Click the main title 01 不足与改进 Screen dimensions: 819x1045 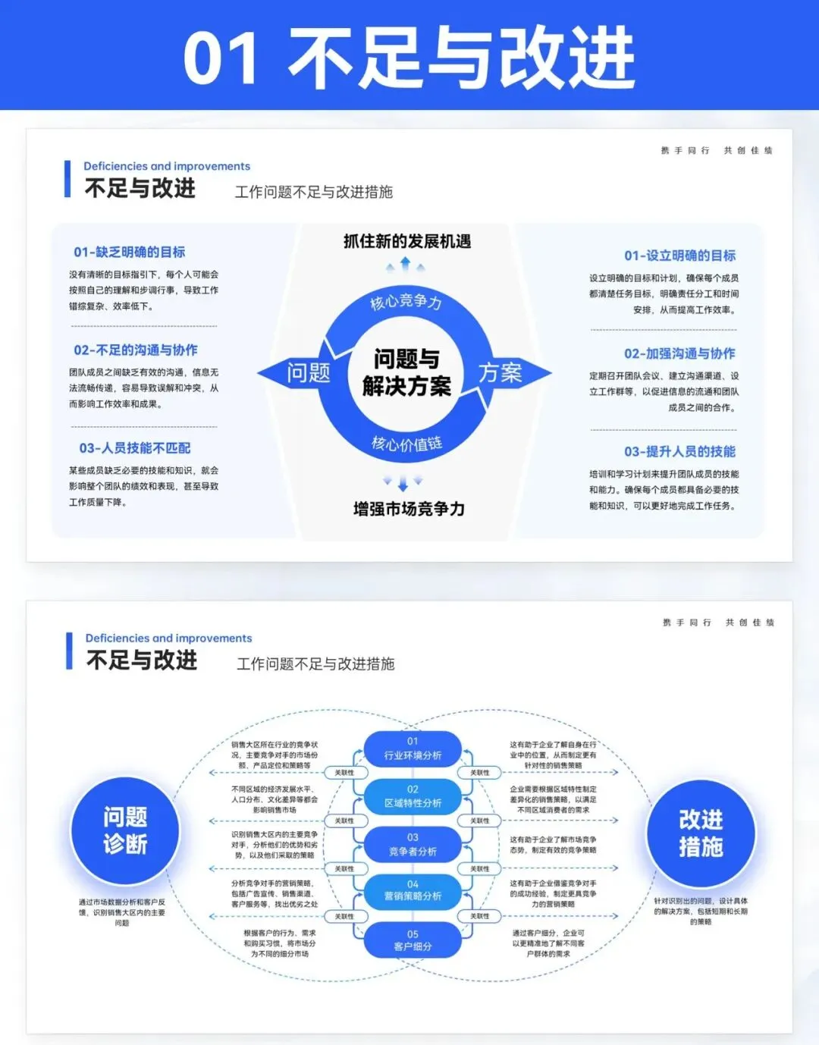point(409,57)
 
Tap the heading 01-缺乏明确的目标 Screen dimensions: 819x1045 point(130,252)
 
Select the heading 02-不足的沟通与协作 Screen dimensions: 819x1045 point(136,350)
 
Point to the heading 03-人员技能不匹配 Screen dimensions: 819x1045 point(135,448)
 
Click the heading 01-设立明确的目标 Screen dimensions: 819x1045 point(680,256)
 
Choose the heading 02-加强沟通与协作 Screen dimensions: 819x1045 point(679,353)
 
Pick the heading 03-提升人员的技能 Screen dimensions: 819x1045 point(679,451)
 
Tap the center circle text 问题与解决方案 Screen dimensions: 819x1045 point(406,372)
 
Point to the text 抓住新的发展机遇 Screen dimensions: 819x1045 point(407,241)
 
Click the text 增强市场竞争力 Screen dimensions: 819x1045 point(409,509)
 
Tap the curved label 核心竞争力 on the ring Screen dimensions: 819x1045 point(406,302)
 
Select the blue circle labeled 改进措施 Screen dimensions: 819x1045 point(701,833)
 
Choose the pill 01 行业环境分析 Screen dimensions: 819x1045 point(413,748)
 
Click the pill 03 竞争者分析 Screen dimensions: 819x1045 point(413,844)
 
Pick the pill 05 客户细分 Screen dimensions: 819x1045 point(413,940)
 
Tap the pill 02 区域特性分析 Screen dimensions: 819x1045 point(413,796)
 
